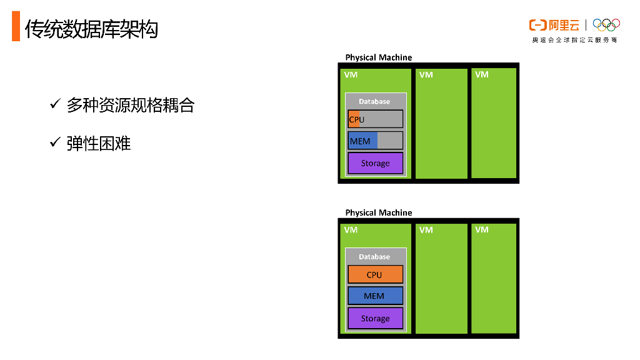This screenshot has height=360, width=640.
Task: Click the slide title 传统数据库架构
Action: coord(91,29)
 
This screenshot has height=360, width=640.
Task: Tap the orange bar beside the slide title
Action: coord(16,29)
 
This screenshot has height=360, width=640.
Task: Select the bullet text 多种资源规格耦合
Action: coord(131,105)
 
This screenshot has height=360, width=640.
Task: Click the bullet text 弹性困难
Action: coord(99,143)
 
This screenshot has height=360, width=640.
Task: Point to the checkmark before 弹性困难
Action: coord(54,143)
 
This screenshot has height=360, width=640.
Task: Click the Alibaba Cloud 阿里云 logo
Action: coord(554,25)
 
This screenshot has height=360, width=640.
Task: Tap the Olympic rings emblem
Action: coord(606,25)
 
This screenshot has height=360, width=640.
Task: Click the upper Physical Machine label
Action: coord(379,57)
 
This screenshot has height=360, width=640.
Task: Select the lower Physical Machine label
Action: coord(379,212)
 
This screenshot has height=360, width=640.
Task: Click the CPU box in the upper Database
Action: coord(375,119)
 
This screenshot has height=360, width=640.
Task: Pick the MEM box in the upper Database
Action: coord(375,141)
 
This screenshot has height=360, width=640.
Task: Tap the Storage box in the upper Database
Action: coord(375,163)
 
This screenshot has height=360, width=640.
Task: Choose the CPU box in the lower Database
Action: coord(375,274)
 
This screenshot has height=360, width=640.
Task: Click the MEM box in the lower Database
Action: coord(375,296)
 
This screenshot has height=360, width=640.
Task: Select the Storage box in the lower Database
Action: coord(375,318)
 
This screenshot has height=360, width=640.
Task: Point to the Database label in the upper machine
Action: coord(374,101)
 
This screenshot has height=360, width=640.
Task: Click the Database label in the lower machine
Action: coord(374,257)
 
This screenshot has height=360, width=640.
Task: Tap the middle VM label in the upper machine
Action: coord(426,75)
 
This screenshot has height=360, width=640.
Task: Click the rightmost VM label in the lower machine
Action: coord(482,230)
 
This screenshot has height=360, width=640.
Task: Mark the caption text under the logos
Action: coord(574,40)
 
